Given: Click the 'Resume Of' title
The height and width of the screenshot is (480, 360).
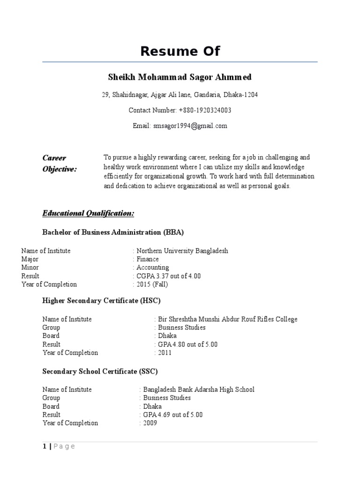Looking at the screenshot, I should pyautogui.click(x=180, y=51).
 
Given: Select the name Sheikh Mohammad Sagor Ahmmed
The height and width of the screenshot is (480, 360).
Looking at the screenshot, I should pyautogui.click(x=180, y=77).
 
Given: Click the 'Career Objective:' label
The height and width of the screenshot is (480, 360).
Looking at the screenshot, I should pyautogui.click(x=59, y=164).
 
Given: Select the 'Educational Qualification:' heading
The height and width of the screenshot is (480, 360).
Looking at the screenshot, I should pyautogui.click(x=88, y=214).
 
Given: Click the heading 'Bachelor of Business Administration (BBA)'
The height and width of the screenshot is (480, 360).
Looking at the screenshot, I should pyautogui.click(x=113, y=232).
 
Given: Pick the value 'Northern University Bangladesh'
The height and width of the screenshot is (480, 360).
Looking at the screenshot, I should pyautogui.click(x=182, y=251).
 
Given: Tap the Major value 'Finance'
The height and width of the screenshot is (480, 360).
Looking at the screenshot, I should pyautogui.click(x=148, y=259).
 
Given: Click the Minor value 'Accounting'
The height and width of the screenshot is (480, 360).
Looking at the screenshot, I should pyautogui.click(x=153, y=268).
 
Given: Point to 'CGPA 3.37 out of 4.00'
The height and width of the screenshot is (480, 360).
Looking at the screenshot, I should pyautogui.click(x=169, y=276).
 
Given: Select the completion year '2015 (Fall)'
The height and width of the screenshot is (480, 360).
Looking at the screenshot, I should pyautogui.click(x=152, y=285).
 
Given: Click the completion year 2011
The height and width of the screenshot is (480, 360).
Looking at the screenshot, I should pyautogui.click(x=165, y=352).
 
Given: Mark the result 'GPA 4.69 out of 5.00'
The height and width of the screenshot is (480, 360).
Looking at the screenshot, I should pyautogui.click(x=172, y=415).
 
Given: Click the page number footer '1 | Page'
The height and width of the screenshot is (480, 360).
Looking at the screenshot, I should pyautogui.click(x=59, y=447).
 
